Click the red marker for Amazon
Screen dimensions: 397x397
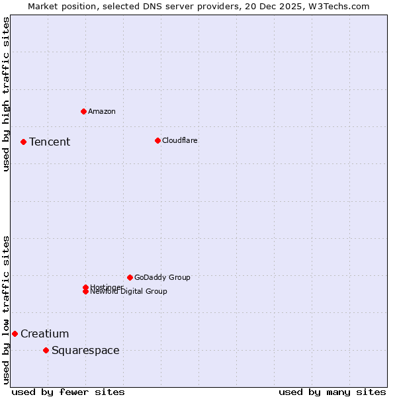pyautogui.click(x=83, y=111)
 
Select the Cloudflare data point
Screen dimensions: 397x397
pyautogui.click(x=157, y=140)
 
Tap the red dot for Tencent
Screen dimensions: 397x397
pyautogui.click(x=23, y=142)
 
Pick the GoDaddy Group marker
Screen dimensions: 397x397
pyautogui.click(x=130, y=277)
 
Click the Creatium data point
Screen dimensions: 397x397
pyautogui.click(x=15, y=333)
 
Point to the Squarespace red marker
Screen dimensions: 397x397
pyautogui.click(x=46, y=350)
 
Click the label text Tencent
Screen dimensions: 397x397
pyautogui.click(x=50, y=142)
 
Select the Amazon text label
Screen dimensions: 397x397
pyautogui.click(x=101, y=112)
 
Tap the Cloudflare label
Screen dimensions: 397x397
pyautogui.click(x=179, y=141)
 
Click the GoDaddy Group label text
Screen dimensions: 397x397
pyautogui.click(x=162, y=278)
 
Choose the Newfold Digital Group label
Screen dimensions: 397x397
pyautogui.click(x=129, y=292)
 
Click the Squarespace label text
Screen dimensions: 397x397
pyautogui.click(x=85, y=351)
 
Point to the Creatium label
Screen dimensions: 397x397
pyautogui.click(x=44, y=334)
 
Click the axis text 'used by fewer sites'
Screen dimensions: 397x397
pyautogui.click(x=68, y=392)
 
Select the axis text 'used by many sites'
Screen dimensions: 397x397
pyautogui.click(x=332, y=392)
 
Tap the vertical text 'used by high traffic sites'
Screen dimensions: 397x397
pyautogui.click(x=6, y=94)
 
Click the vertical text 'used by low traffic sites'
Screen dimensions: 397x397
pyautogui.click(x=6, y=309)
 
